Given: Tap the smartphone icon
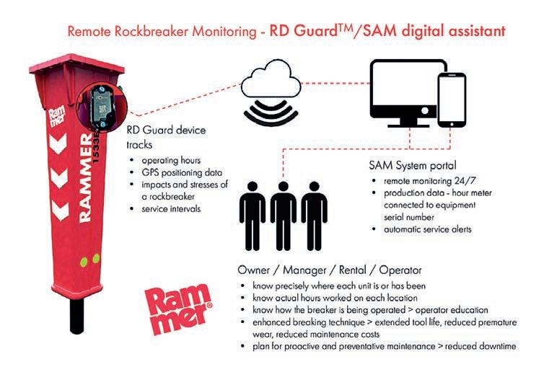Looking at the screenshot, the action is (x=452, y=99).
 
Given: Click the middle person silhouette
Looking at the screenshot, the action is (x=283, y=216).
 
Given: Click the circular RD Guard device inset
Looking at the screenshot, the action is (x=102, y=107).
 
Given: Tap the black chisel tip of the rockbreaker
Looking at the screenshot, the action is (x=77, y=316).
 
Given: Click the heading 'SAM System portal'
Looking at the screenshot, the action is (x=413, y=165).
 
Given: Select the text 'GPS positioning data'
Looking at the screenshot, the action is (x=182, y=172).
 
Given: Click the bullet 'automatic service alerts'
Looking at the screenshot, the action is (x=427, y=229).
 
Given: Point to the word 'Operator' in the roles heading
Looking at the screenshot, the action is (x=400, y=270).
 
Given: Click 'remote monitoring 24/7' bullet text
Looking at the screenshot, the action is (x=429, y=181).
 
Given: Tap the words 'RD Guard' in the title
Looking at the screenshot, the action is (x=303, y=31).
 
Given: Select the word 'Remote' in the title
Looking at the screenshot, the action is (x=89, y=31).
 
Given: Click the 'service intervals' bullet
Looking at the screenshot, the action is (x=171, y=208).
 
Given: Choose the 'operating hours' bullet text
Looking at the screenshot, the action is (x=171, y=161).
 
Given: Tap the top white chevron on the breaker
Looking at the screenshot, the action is (x=58, y=143).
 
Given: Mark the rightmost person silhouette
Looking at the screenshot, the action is (x=314, y=216).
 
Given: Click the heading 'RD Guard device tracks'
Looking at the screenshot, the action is (x=166, y=137).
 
